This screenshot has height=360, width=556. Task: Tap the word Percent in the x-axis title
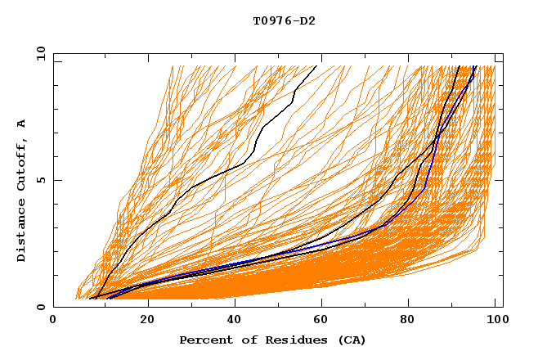click(x=202, y=340)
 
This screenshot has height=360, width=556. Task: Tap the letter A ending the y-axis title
click(x=22, y=124)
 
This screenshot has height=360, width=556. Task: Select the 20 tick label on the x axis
click(x=147, y=321)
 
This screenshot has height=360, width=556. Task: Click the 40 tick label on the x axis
click(x=235, y=321)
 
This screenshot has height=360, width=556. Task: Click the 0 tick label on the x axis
click(x=54, y=321)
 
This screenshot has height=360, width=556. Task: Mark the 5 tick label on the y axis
click(x=40, y=180)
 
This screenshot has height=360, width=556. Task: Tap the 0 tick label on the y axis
click(x=40, y=307)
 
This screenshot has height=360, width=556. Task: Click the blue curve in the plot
click(x=424, y=188)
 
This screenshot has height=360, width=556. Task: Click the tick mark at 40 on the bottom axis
click(x=235, y=304)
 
